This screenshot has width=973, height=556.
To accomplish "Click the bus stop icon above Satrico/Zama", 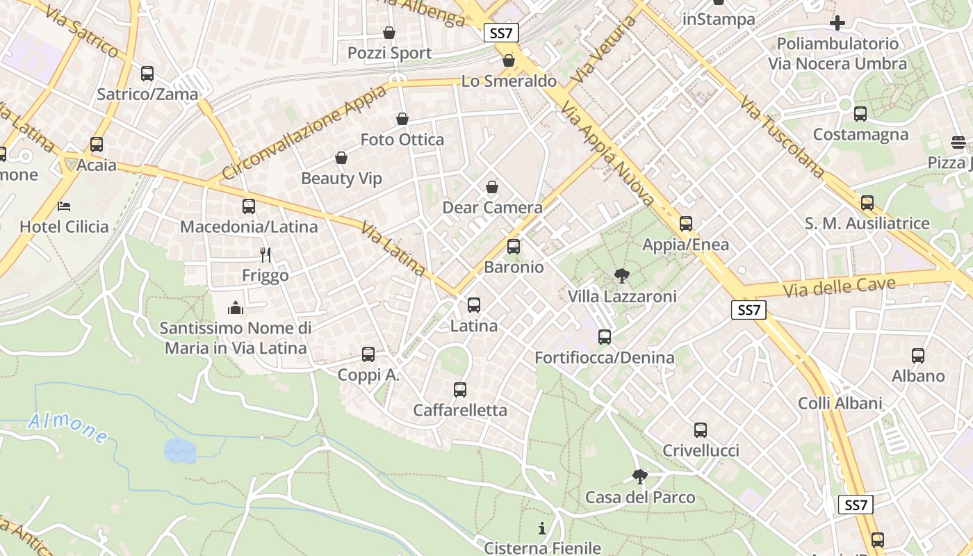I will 147,73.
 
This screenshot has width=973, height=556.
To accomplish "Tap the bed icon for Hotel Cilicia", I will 64,206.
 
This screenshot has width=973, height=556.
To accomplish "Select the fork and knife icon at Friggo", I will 265,255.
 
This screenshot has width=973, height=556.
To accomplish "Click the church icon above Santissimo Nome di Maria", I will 236,307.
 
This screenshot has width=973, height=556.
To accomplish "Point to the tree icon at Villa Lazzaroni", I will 621,276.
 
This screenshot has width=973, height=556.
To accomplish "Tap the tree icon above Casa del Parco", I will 639,477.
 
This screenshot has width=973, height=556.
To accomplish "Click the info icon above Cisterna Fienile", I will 542,528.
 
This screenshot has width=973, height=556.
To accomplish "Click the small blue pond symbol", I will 180,450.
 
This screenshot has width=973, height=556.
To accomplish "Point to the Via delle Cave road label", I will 838,285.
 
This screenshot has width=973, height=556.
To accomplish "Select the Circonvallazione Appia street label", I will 305,132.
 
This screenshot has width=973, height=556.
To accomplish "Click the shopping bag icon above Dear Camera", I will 491,187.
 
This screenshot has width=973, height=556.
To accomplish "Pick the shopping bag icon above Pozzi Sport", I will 389,33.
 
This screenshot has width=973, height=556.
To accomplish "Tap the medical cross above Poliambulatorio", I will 837,23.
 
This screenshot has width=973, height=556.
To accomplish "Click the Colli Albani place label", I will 840,403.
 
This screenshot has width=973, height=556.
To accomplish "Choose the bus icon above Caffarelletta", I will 459,390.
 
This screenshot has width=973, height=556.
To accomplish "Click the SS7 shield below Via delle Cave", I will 749,310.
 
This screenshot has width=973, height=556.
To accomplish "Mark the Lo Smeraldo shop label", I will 509,81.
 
